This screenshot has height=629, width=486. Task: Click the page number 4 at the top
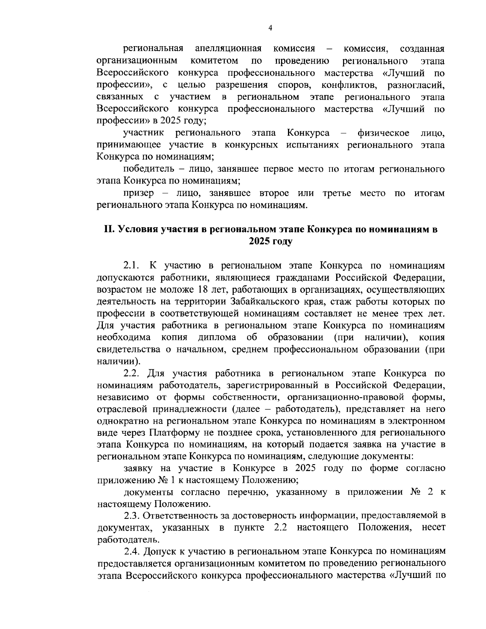click(x=270, y=28)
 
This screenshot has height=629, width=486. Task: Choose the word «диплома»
click(x=217, y=337)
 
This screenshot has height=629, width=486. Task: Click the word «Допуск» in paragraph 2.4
click(x=157, y=552)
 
